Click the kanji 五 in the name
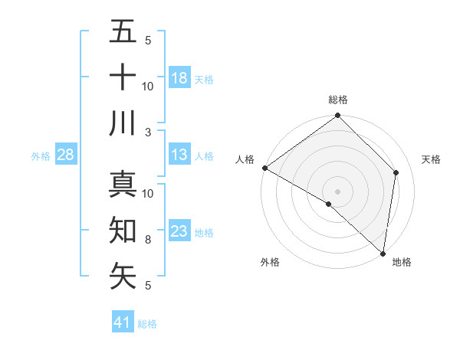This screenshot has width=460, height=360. pyautogui.click(x=123, y=32)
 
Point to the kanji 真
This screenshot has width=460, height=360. pyautogui.click(x=123, y=185)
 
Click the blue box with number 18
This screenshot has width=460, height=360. pyautogui.click(x=179, y=77)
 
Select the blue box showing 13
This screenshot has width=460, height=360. pyautogui.click(x=179, y=155)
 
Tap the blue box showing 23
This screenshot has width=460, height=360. pyautogui.click(x=179, y=231)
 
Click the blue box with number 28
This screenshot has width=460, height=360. pyautogui.click(x=65, y=155)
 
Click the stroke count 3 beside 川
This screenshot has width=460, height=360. pyautogui.click(x=147, y=133)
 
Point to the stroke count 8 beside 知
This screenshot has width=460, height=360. pyautogui.click(x=147, y=240)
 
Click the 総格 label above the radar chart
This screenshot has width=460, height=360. pyautogui.click(x=338, y=100)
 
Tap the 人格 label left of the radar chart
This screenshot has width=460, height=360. pyautogui.click(x=245, y=159)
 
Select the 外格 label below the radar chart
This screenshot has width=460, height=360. pyautogui.click(x=270, y=263)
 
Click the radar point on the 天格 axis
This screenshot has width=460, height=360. pyautogui.click(x=396, y=172)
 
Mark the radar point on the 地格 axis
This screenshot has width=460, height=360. pyautogui.click(x=383, y=253)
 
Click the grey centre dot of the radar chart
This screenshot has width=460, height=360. pyautogui.click(x=337, y=191)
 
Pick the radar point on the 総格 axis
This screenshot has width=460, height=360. pyautogui.click(x=337, y=116)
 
